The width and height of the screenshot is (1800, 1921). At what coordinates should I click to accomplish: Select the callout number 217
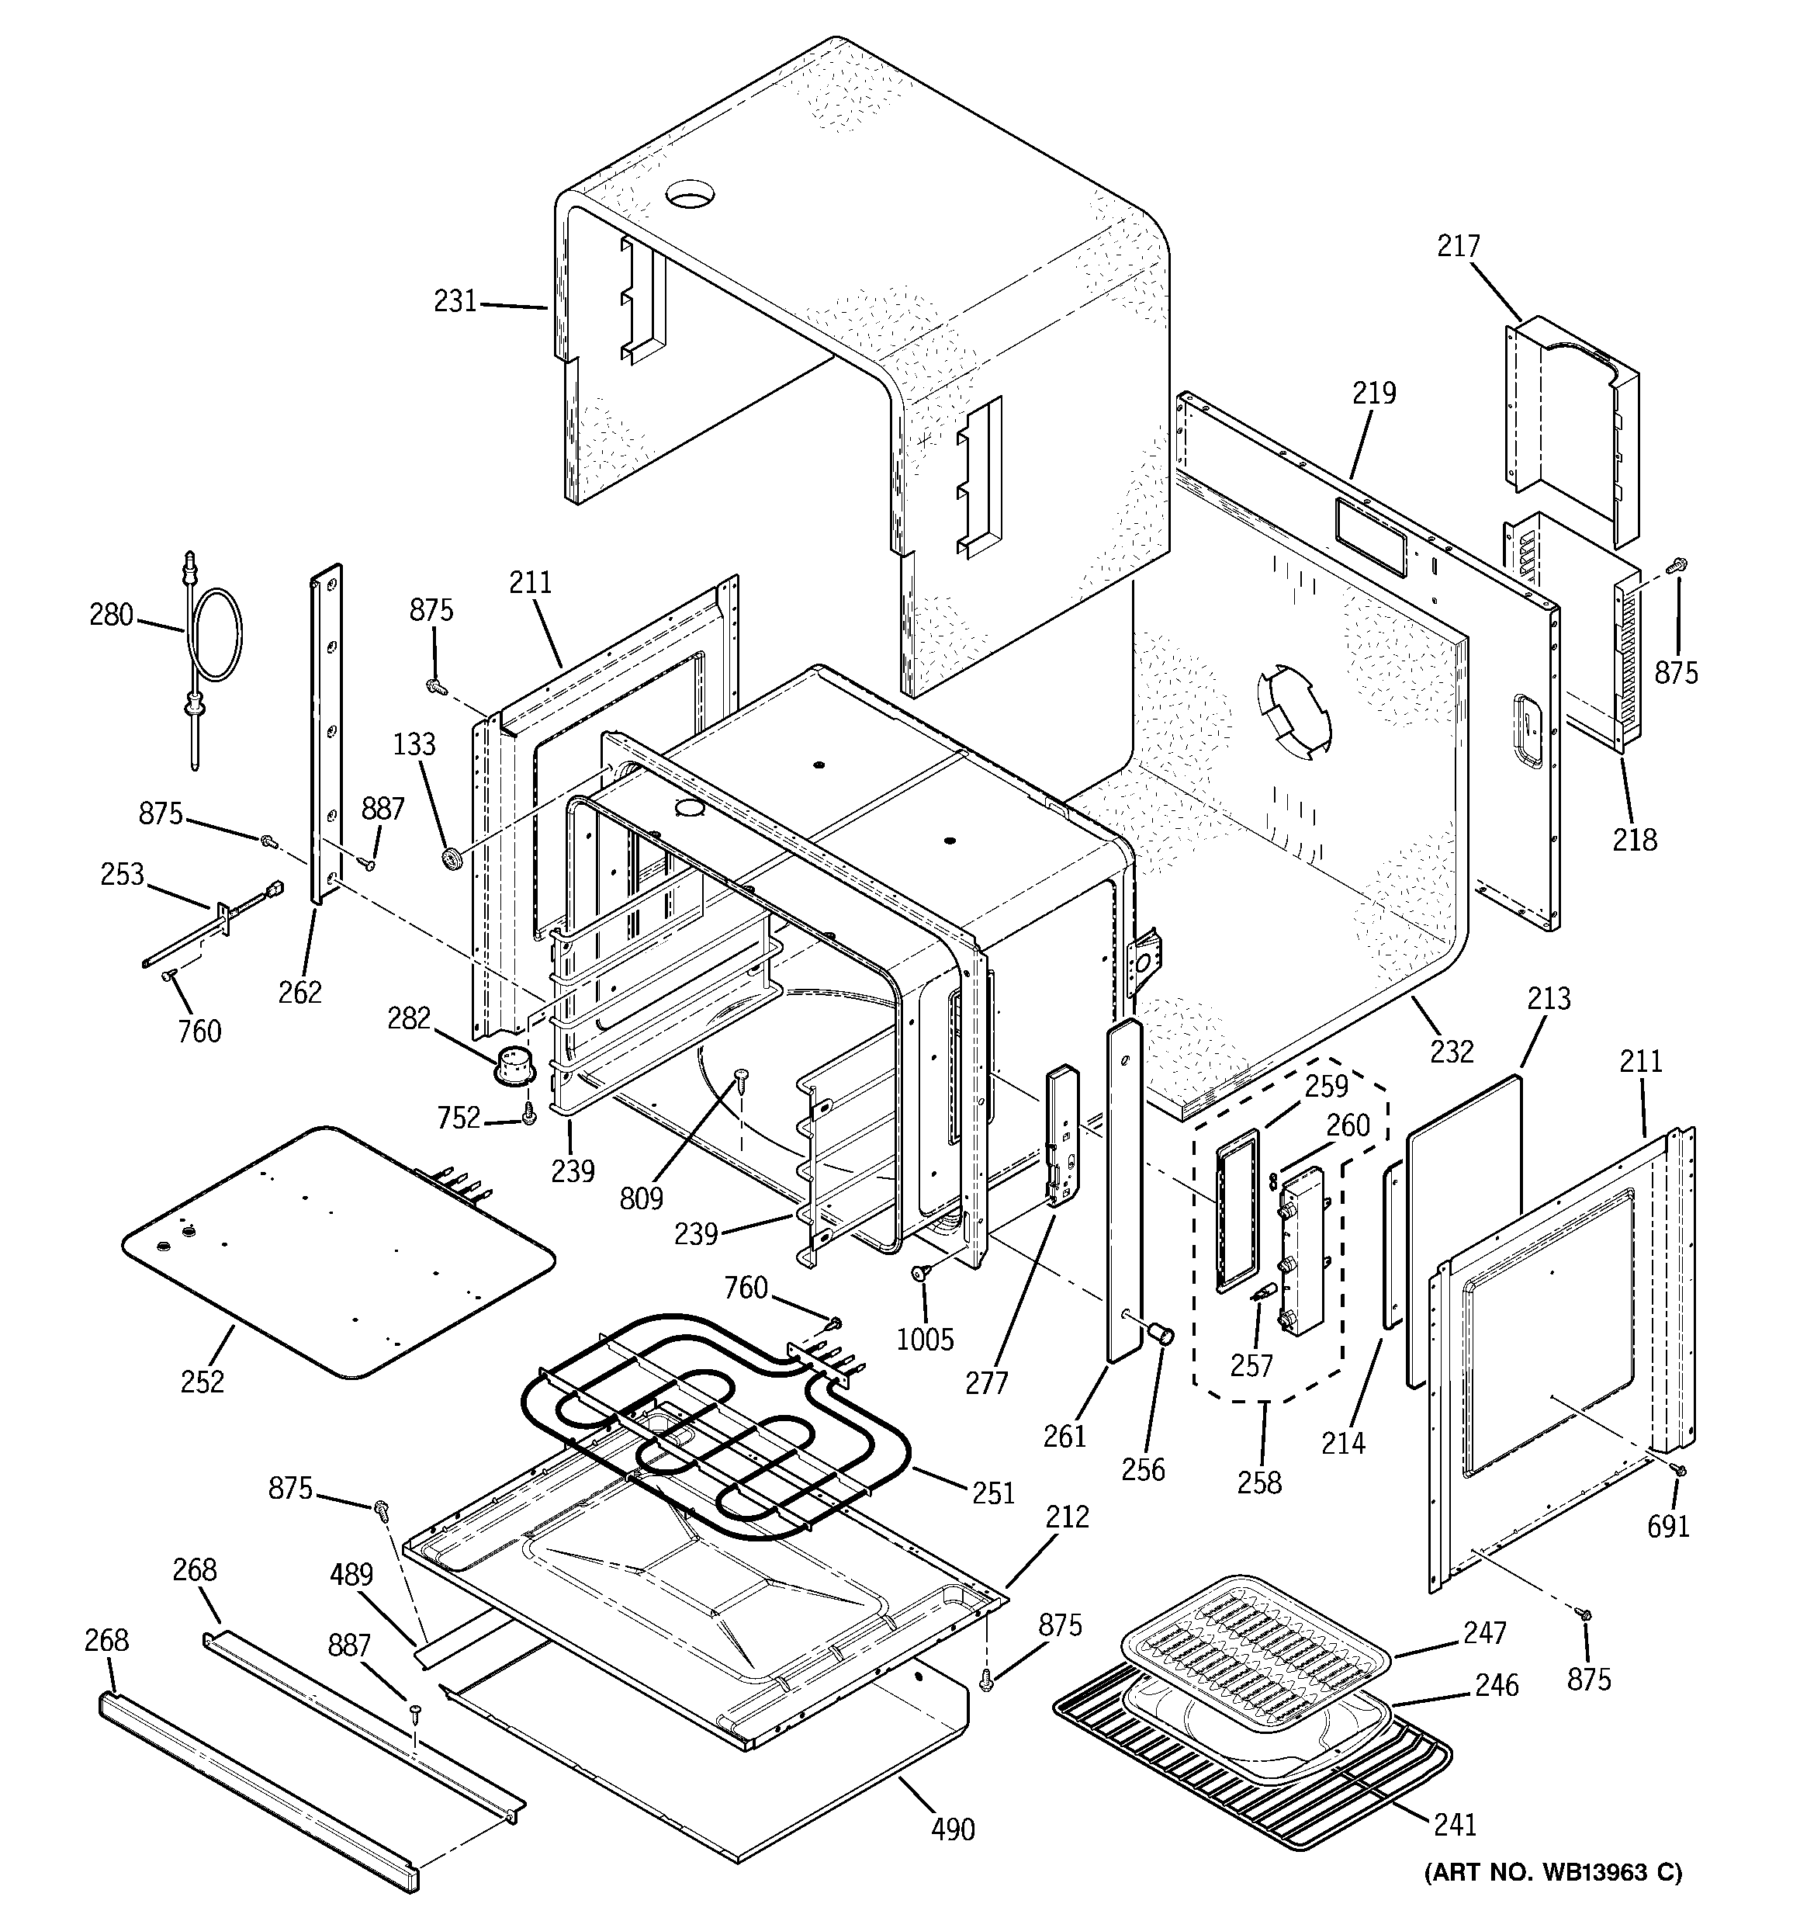(x=1458, y=246)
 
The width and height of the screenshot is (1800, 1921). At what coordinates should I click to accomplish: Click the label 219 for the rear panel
(x=1374, y=394)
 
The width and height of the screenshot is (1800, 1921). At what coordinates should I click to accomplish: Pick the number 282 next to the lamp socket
(x=409, y=1018)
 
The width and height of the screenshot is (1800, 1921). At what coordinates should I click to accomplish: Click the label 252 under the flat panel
(x=202, y=1382)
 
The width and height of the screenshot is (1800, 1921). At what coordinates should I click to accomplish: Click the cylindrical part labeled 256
(x=1161, y=1334)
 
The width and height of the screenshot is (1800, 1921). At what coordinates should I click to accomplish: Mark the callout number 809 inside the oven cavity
(x=642, y=1198)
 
